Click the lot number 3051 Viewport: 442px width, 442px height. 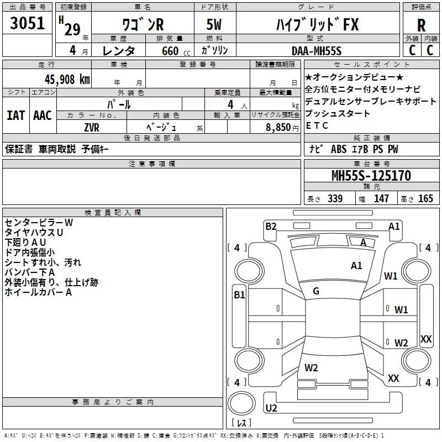pyautogui.click(x=28, y=24)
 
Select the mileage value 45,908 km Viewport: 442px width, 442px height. pyautogui.click(x=61, y=80)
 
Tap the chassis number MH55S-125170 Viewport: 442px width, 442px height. pyautogui.click(x=371, y=176)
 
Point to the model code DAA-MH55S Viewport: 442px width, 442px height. pyautogui.click(x=317, y=51)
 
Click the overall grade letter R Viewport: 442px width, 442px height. pyautogui.click(x=421, y=25)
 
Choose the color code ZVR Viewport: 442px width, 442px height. pyautogui.click(x=92, y=127)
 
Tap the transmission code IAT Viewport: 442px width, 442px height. pyautogui.click(x=15, y=115)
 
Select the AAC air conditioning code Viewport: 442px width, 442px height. pyautogui.click(x=42, y=115)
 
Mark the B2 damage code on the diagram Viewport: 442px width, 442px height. pyautogui.click(x=271, y=225)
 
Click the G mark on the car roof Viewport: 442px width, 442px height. pyautogui.click(x=316, y=291)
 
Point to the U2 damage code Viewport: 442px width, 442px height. pyautogui.click(x=271, y=408)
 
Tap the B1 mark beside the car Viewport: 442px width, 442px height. pyautogui.click(x=239, y=295)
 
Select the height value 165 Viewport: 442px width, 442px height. pyautogui.click(x=425, y=199)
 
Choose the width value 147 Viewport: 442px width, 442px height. pyautogui.click(x=381, y=199)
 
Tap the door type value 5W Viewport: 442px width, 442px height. pyautogui.click(x=215, y=25)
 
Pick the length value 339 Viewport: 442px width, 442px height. pyautogui.click(x=335, y=199)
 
